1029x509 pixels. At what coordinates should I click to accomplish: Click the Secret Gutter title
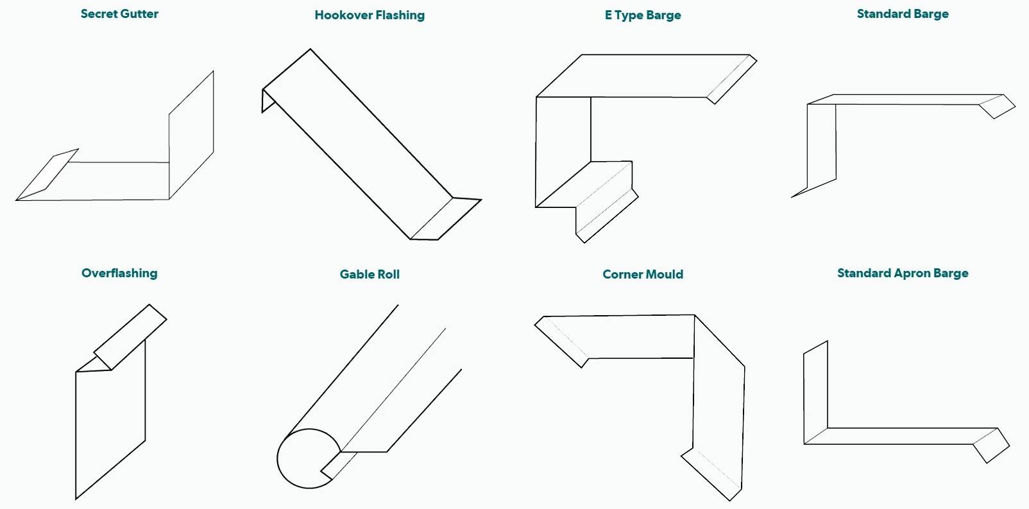coord(119,13)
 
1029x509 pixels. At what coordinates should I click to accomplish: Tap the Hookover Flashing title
coord(370,15)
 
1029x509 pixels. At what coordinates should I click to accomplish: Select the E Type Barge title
coord(643,15)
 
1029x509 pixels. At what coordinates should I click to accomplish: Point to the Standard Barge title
coord(903,13)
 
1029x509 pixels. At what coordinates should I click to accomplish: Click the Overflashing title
coord(119,273)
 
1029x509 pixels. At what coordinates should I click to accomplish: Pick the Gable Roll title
coord(370,274)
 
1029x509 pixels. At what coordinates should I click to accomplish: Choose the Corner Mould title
coord(643,274)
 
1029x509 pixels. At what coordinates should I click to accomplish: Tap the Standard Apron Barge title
coord(903,273)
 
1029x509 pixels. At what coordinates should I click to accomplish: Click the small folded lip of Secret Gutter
coord(48,173)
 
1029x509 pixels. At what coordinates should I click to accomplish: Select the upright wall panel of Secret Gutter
coord(191,135)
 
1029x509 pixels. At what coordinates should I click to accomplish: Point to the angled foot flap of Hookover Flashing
coord(446,218)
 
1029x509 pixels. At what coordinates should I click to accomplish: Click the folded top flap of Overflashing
coord(130,337)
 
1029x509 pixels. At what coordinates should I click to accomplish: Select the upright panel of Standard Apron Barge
coord(815,392)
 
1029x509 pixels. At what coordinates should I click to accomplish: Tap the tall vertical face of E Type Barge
coord(563,151)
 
